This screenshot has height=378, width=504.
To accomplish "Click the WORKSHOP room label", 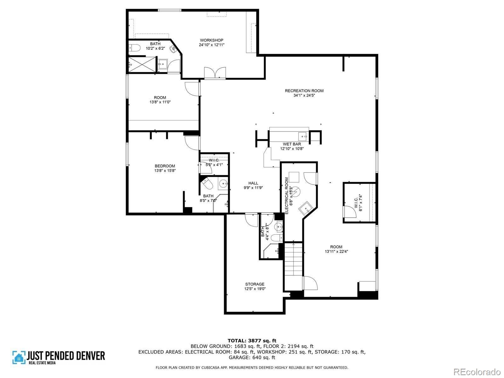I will point(211,40).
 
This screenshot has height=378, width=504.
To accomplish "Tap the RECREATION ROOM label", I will point(304,91).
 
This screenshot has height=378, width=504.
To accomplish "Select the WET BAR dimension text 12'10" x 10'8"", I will point(292,149).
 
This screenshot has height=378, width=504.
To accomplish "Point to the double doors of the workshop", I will point(215,73).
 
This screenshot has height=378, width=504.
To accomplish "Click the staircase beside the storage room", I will point(293,266).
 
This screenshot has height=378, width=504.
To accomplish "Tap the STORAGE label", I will point(255,284).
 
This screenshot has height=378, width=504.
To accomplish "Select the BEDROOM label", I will point(165,166).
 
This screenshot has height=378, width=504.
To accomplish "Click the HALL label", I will point(253,183).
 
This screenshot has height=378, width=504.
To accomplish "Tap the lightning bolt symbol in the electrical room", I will point(296,191).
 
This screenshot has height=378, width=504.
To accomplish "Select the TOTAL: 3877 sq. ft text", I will point(252,341).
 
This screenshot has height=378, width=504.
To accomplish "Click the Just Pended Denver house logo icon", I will point(19,357).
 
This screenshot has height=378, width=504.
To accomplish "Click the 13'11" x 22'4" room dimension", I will point(336,251).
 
